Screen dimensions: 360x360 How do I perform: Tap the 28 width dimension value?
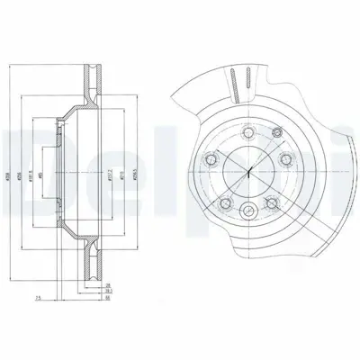(108, 284)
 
